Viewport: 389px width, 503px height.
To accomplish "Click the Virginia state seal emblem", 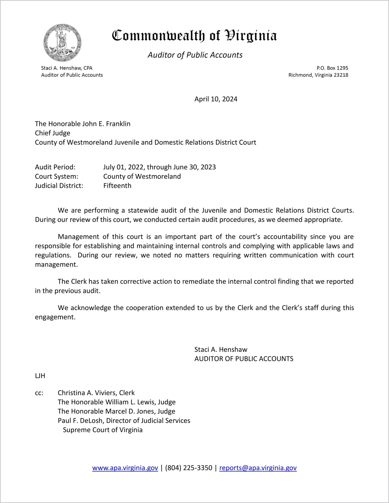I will (62, 43).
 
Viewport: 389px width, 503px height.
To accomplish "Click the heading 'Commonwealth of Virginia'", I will (194, 36).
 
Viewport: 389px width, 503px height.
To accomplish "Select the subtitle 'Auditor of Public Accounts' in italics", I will (195, 55).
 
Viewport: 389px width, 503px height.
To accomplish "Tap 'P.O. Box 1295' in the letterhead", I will (332, 68).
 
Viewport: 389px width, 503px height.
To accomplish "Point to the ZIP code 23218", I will (341, 75).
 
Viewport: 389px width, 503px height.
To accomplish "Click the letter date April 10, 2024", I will (216, 99).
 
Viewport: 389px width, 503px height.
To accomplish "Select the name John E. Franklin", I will (106, 124).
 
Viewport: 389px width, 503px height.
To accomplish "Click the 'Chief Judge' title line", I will (53, 133).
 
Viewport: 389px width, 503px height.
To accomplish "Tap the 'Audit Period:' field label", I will (55, 167).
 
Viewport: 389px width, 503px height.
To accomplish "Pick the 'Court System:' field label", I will (57, 176).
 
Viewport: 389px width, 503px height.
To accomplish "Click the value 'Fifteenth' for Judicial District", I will (117, 186).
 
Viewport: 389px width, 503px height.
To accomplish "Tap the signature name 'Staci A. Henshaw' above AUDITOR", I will (221, 350).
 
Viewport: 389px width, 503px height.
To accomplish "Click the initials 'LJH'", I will (40, 376).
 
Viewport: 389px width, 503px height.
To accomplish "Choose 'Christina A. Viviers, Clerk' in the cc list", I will (96, 393).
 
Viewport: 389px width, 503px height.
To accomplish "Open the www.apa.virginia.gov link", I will (125, 468).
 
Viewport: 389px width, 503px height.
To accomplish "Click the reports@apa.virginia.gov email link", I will (258, 468).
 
